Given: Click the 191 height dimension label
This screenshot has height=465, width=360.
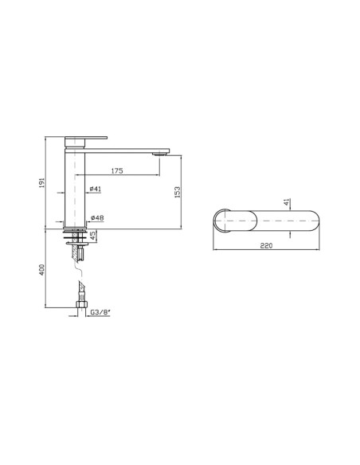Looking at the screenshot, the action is [41, 182].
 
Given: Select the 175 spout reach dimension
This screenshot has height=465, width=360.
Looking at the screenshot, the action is [117, 171].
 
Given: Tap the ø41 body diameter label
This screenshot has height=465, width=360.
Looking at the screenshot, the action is [96, 189].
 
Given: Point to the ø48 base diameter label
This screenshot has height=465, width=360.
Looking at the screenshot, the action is [97, 218].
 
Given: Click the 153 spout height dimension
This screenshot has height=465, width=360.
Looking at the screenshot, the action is [177, 192].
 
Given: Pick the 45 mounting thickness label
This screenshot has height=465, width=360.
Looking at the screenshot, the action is [93, 236].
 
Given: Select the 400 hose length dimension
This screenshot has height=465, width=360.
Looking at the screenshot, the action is [41, 270].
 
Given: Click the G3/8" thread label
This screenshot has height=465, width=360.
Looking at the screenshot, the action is [100, 312].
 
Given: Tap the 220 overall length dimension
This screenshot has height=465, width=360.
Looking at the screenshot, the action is [266, 245].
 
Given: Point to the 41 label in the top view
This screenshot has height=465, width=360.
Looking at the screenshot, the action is [286, 202].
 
